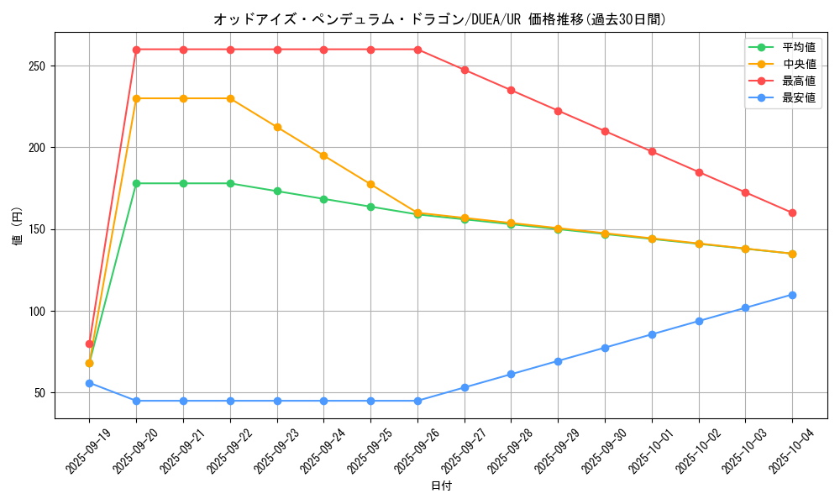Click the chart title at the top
pos(441,19)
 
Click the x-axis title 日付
pos(441,486)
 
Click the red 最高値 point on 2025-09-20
pos(136,50)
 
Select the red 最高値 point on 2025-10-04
pos(792,213)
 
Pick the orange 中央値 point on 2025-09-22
pos(230,98)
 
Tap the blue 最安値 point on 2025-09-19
pos(89,383)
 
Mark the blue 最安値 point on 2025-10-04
pos(792,295)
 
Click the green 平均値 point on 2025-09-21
pos(183,183)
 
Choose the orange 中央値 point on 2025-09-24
pos(323,155)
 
